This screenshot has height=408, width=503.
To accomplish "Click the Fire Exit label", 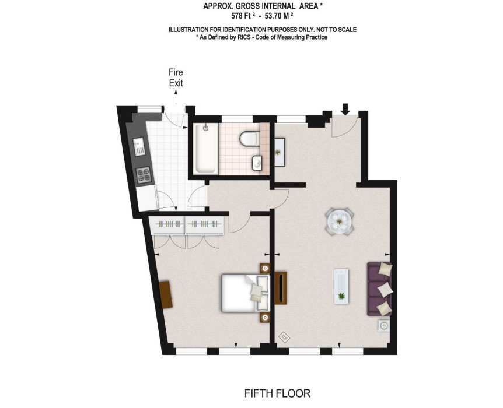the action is tap(176, 78).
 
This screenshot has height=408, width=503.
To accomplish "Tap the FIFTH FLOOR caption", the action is tap(278, 393).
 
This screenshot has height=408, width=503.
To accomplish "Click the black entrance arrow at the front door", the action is tap(345, 109).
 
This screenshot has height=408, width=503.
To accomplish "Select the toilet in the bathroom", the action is tap(249, 138).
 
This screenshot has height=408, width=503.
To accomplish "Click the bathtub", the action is tap(205, 149).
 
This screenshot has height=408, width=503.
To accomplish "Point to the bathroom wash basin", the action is tap(257, 163).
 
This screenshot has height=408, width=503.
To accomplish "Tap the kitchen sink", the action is tap(139, 146).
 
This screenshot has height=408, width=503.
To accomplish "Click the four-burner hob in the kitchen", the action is tap(144, 175).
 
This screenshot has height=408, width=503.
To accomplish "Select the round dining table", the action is tap(340, 221).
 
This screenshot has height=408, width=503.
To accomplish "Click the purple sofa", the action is tap(379, 289).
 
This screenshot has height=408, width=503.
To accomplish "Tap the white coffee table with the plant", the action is tap(341, 286).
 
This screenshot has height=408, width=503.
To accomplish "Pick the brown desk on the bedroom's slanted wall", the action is tap(166, 294).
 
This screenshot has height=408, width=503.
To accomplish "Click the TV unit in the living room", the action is tap(281, 288).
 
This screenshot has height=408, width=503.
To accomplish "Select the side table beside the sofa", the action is tap(383, 326).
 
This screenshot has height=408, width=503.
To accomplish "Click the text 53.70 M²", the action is tap(278, 16).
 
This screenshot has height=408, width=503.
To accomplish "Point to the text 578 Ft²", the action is tap(243, 16).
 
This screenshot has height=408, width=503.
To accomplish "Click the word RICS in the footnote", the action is tap(244, 37).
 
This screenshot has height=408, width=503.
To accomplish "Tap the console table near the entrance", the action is tap(280, 152).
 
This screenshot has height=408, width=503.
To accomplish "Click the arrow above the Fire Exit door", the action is tap(176, 97).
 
